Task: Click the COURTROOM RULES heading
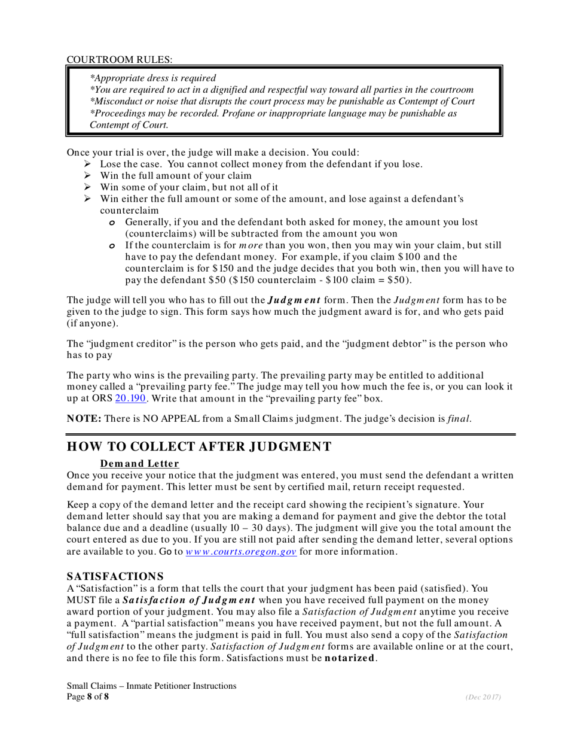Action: [x=120, y=59]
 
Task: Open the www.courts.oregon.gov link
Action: [x=241, y=552]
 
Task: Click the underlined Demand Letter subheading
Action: [x=139, y=464]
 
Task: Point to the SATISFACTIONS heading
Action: [x=115, y=576]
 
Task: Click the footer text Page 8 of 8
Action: [x=88, y=697]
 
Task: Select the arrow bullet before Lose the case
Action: [x=87, y=164]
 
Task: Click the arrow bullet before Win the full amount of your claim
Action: [x=87, y=175]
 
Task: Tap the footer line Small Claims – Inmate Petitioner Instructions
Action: [x=151, y=686]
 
